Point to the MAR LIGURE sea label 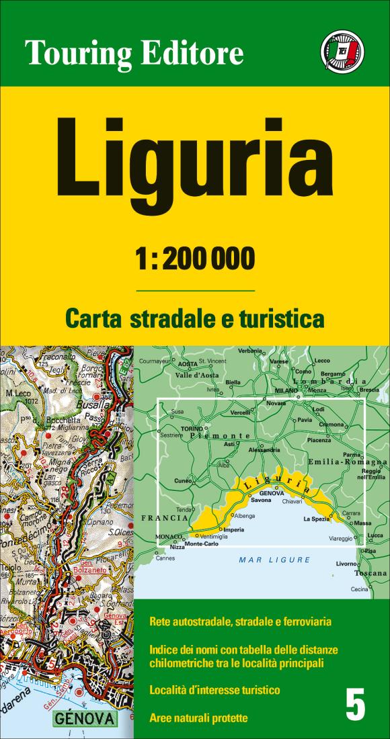(275, 559)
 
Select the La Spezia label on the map (316, 519)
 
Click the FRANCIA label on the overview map (164, 519)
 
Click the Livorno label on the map (346, 564)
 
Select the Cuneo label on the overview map (183, 481)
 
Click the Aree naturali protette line (198, 718)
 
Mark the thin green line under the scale (195, 290)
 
